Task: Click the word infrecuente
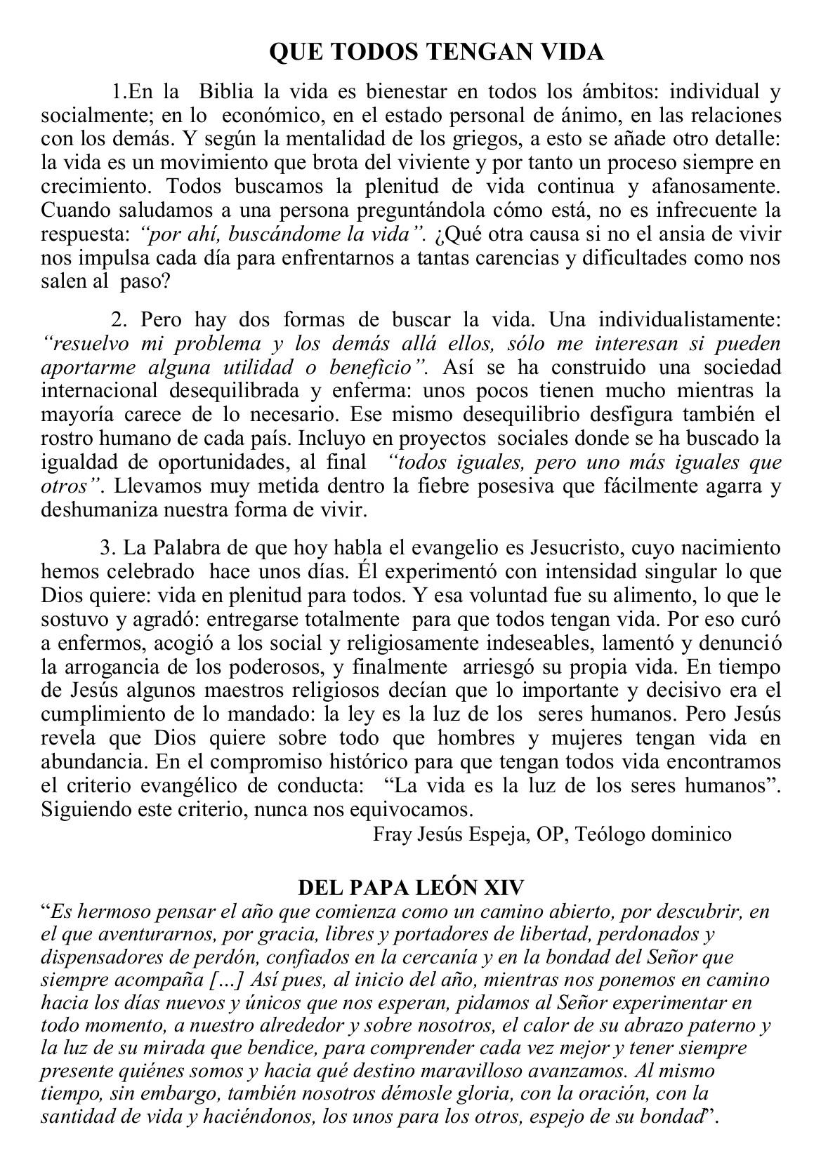[671, 211]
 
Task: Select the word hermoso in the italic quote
[107, 912]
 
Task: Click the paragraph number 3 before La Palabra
[107, 547]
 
